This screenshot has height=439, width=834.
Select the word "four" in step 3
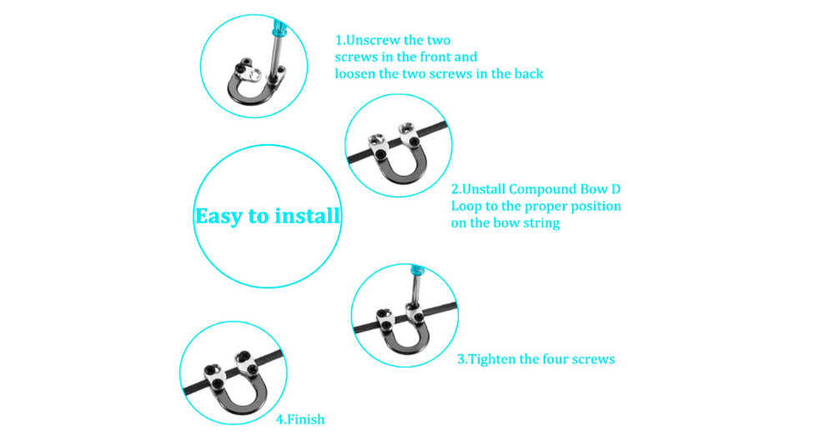click(x=555, y=359)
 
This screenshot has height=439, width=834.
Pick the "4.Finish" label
click(x=300, y=419)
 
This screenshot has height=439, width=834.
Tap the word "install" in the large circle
click(x=307, y=215)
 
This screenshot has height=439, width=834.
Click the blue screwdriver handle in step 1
click(x=279, y=27)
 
